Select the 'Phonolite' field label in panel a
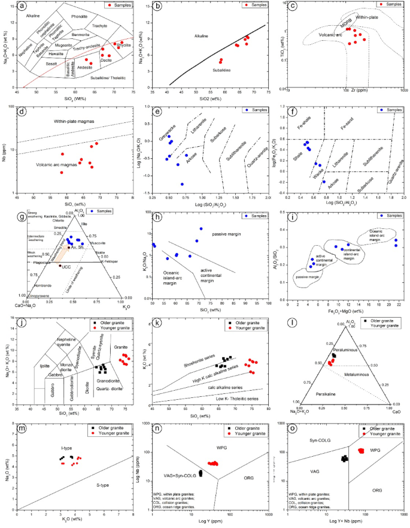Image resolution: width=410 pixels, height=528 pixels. [x=78, y=17]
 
